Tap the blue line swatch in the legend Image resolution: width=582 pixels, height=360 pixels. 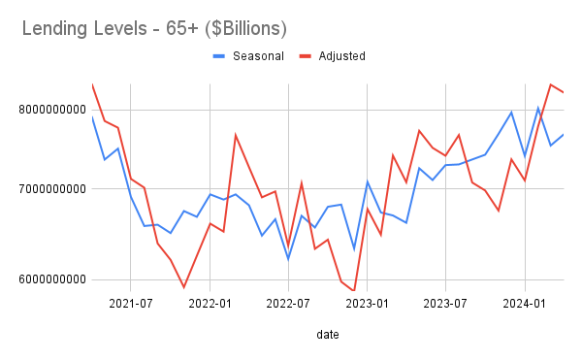tap(219, 56)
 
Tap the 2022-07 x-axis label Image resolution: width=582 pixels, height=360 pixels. tap(288, 303)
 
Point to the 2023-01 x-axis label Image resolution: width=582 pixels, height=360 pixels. tap(368, 303)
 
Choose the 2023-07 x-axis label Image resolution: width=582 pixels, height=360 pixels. tap(446, 303)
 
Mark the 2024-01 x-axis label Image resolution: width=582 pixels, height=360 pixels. tap(526, 303)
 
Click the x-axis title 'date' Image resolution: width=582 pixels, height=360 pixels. tap(327, 335)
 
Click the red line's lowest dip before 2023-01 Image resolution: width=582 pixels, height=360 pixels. tap(354, 290)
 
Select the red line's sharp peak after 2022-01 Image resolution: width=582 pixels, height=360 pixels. tap(236, 135)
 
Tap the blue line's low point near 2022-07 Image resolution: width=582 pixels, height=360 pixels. tap(288, 259)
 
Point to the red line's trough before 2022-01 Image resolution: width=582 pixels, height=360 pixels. tap(183, 287)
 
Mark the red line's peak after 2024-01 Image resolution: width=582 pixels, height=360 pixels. tap(550, 84)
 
